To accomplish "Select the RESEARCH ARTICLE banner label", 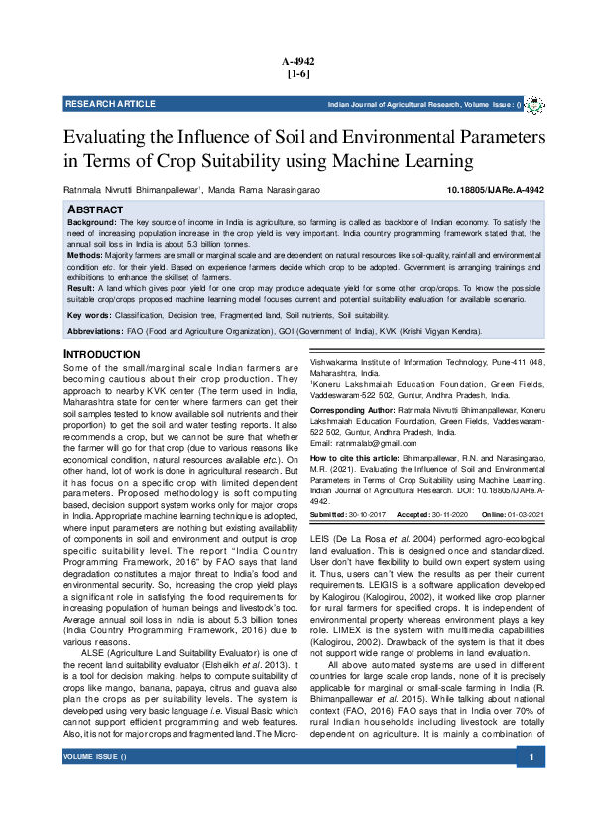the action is tap(110, 104).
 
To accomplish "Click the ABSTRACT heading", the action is tap(95, 210).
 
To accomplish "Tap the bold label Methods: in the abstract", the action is tap(84, 255).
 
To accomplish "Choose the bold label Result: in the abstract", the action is tap(80, 286).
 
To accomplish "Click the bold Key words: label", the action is tap(88, 315).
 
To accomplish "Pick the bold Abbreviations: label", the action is tap(95, 331).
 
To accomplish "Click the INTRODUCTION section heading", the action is tap(102, 354).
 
